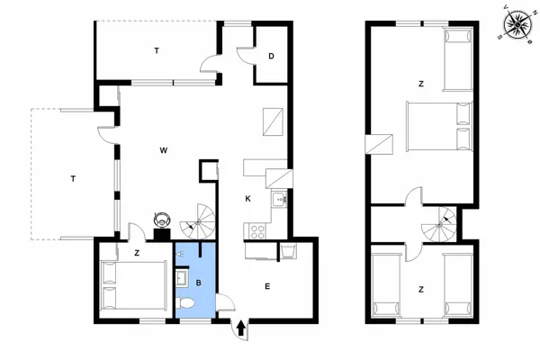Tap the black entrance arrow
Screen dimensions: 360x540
pos(242,328)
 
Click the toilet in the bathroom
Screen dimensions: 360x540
pos(186,306)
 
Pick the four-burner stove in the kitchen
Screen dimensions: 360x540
pos(256,230)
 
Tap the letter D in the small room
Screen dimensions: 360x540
pos(271,56)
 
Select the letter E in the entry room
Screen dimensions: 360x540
pos(266,287)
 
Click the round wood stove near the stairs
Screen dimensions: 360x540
pos(163,219)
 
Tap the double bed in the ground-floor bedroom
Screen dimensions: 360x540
pos(132,285)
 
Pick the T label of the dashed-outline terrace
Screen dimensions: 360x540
pos(72,179)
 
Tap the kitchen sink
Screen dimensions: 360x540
pos(280,200)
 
